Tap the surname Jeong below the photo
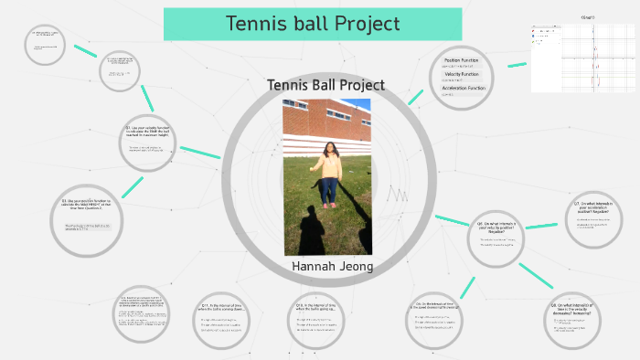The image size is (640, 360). tap(356, 266)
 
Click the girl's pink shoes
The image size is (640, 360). tap(327, 205)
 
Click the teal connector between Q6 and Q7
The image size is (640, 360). tap(543, 225)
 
